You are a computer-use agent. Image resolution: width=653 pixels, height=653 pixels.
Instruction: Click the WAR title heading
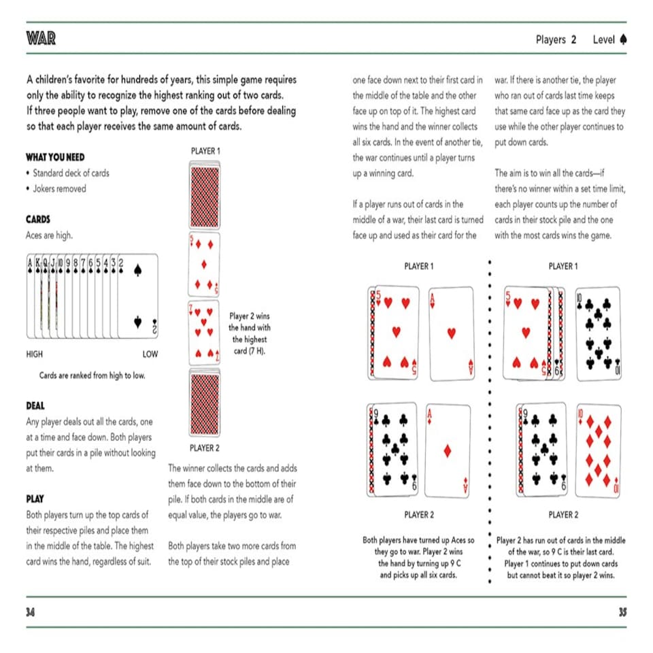tap(41, 39)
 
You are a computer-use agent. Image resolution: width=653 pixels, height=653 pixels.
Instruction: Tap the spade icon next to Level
tap(623, 39)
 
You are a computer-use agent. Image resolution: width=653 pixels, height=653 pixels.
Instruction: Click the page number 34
tap(31, 612)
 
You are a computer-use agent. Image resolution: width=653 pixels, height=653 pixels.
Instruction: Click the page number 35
tap(622, 612)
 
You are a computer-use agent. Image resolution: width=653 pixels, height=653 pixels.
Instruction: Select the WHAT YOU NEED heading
tap(55, 157)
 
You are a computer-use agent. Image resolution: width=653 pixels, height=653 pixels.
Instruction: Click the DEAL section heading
tap(35, 406)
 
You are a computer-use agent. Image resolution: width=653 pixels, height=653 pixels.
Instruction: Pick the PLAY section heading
tap(35, 499)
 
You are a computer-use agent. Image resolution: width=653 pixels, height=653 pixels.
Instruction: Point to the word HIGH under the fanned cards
tap(35, 354)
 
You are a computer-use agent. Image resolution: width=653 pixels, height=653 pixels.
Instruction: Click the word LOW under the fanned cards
tap(150, 354)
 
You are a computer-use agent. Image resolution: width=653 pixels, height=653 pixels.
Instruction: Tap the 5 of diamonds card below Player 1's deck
tap(204, 263)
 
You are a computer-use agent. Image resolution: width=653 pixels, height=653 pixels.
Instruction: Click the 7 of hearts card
tap(204, 333)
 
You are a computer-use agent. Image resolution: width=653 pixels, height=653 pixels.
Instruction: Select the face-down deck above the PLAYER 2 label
tap(204, 403)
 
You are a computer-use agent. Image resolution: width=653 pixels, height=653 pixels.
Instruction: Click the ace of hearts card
tap(452, 333)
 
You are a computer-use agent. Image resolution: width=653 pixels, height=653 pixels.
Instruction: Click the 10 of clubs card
tap(599, 333)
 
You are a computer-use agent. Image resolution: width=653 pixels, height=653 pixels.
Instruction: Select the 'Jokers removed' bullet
tap(59, 188)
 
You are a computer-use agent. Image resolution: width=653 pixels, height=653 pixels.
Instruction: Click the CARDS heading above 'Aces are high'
tap(38, 220)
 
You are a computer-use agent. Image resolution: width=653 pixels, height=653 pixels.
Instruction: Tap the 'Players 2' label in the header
tap(556, 39)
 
